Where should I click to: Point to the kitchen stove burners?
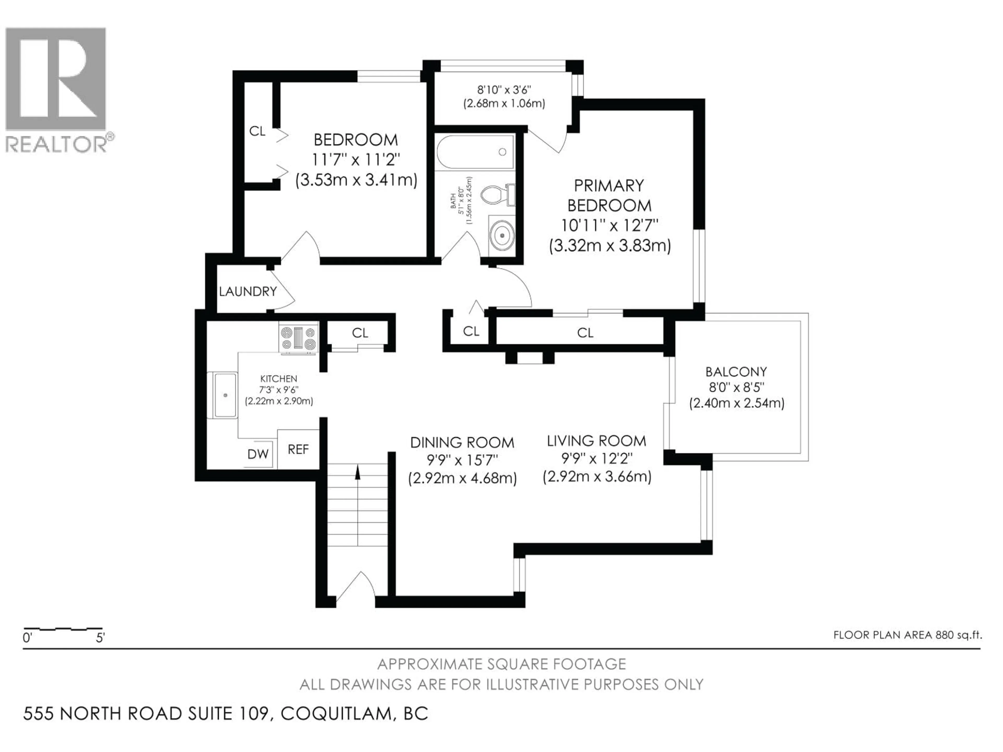pos(298,339)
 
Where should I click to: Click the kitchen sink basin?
pos(225,395)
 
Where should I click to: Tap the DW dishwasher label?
pos(258,454)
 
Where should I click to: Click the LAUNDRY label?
pos(248,291)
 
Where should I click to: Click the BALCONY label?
pos(736,372)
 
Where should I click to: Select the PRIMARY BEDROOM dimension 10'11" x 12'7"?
pos(609,225)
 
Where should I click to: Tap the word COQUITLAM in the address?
pos(336,713)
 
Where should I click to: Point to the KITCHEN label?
pos(278,379)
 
